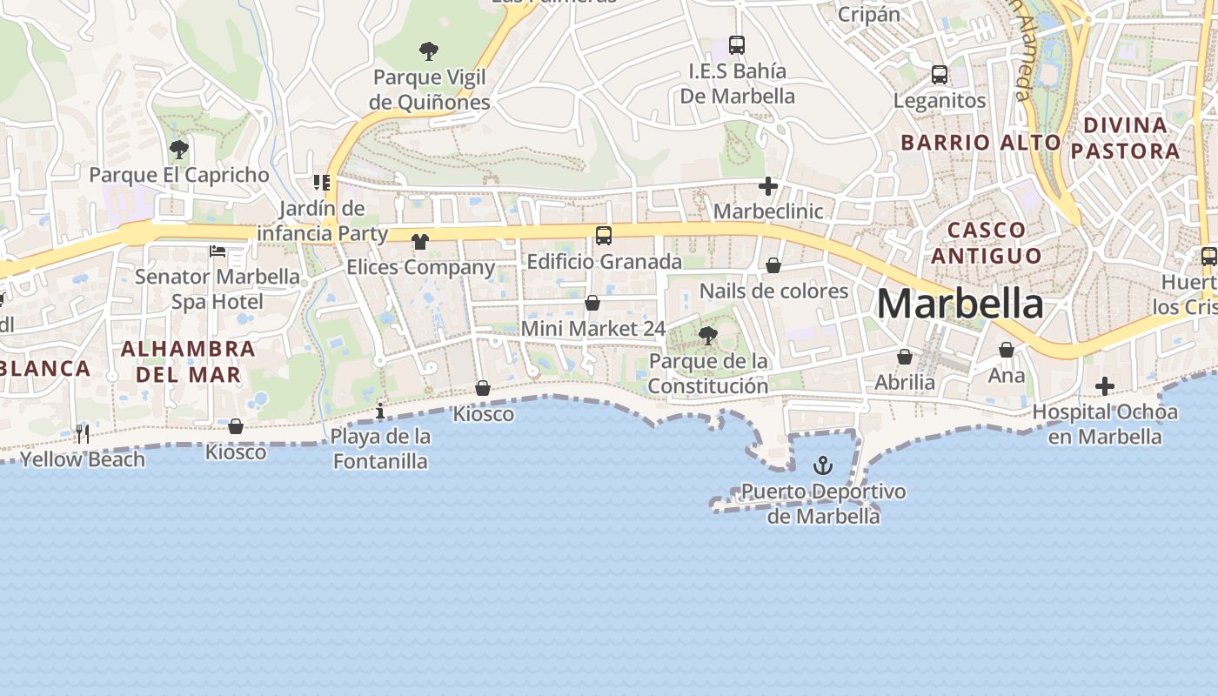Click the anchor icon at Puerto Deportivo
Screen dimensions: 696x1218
click(822, 465)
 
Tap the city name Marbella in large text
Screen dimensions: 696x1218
click(960, 304)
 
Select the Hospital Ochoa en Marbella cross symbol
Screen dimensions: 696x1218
click(1104, 385)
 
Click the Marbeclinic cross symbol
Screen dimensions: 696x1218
click(767, 185)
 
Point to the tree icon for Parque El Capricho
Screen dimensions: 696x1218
click(178, 149)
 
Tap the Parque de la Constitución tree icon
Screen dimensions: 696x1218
click(707, 335)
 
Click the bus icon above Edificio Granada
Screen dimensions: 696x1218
click(603, 235)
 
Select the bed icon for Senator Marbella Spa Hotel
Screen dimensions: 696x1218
click(217, 251)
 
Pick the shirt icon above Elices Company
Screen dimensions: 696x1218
click(420, 241)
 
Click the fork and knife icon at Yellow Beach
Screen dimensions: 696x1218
click(83, 433)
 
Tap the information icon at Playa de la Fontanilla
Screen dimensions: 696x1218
click(379, 411)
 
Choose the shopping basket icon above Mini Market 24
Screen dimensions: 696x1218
click(592, 303)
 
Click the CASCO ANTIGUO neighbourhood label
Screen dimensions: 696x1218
click(986, 243)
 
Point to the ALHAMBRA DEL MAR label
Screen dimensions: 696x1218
click(187, 362)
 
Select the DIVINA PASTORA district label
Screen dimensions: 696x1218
click(1125, 137)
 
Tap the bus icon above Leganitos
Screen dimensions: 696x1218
click(939, 75)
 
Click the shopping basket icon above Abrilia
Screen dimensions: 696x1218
click(905, 357)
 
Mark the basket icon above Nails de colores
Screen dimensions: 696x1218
click(773, 265)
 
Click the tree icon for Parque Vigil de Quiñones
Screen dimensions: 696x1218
click(428, 51)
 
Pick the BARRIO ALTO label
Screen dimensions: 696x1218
click(980, 142)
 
